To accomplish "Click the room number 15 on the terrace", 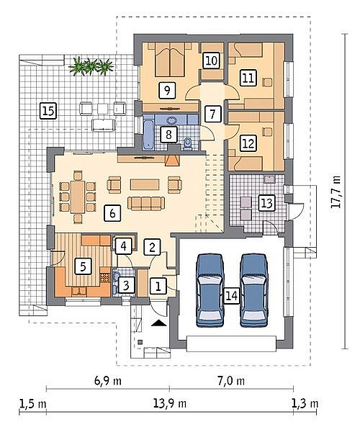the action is (48, 111).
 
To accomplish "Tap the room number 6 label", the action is (112, 213).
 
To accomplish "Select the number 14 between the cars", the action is (232, 295).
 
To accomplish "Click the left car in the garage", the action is (210, 290).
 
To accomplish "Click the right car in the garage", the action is (254, 290).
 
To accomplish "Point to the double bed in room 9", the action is (170, 59).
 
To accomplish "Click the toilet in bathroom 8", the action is (188, 144).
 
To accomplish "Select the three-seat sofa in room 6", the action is (146, 204).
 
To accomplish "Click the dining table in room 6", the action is (78, 197).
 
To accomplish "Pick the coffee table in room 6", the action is (145, 184).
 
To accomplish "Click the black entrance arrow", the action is (158, 323).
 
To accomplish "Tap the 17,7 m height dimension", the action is (336, 192).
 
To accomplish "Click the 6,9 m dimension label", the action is (108, 380).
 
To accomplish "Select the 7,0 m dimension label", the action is (231, 380).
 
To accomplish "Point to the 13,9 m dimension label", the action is (170, 403).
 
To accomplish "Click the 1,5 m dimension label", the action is (32, 403).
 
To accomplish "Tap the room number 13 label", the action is (266, 203).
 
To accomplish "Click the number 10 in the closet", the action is (211, 60).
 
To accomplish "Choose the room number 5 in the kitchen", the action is (83, 266).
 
